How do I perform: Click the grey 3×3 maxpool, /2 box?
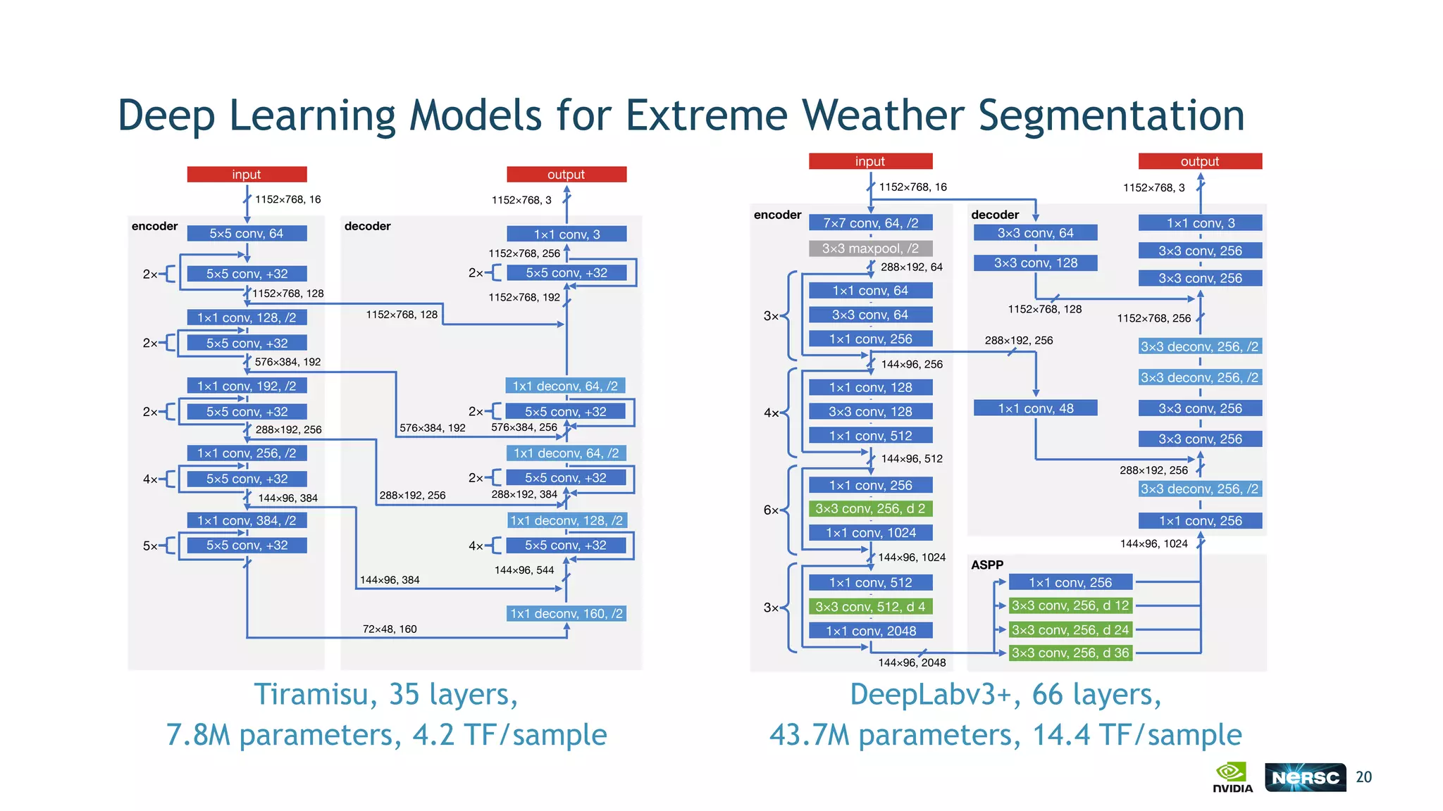(870, 249)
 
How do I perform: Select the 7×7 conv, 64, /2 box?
(870, 223)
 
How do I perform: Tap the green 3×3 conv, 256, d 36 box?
(1070, 653)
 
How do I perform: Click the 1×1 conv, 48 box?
(1035, 408)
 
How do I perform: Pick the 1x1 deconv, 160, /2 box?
(566, 613)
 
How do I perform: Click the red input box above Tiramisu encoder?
(247, 175)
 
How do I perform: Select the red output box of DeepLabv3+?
(1199, 161)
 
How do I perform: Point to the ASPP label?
(986, 565)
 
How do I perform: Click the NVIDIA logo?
(1232, 777)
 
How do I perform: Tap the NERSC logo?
(1305, 777)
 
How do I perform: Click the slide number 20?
(1363, 777)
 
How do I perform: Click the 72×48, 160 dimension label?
(390, 629)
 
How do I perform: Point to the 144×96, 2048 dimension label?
(912, 662)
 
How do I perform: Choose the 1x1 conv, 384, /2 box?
(247, 520)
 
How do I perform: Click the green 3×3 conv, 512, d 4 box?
(870, 607)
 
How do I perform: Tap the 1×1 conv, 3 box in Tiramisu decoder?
(566, 234)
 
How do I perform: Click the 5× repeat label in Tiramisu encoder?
(150, 546)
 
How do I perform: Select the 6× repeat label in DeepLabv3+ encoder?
(771, 510)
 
